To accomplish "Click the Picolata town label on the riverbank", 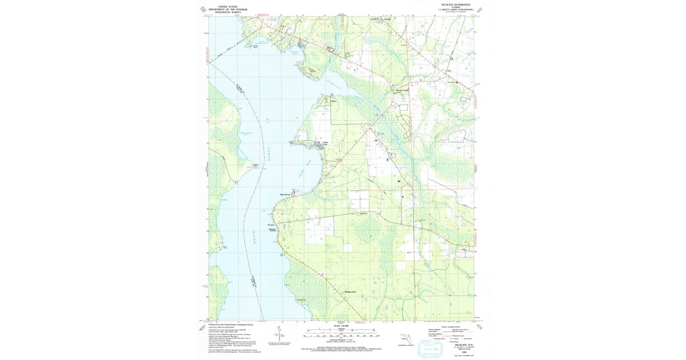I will (x=272, y=225).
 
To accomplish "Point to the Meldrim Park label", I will (x=350, y=292).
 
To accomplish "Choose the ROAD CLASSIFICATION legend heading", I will (x=452, y=327).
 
